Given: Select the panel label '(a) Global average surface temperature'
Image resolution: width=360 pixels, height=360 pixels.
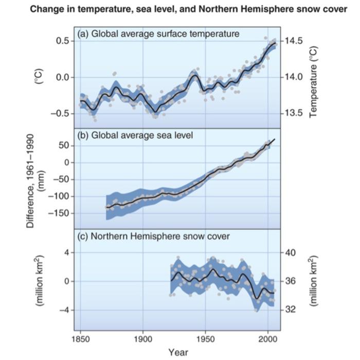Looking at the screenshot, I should click(x=158, y=34).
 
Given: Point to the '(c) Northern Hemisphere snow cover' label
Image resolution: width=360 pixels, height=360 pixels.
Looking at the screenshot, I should click(x=153, y=237).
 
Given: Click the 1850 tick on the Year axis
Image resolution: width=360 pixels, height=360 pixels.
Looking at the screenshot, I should click(x=80, y=340).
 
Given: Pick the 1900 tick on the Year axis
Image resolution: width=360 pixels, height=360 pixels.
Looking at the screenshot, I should click(x=143, y=340).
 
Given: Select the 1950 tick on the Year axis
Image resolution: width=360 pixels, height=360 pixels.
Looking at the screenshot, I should click(x=205, y=340).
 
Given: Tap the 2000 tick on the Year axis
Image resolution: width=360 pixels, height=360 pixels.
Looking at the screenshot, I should click(x=267, y=340).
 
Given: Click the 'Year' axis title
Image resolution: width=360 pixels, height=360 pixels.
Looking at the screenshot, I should click(x=179, y=352).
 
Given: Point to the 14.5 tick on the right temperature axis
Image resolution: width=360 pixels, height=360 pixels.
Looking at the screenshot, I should click(x=295, y=41).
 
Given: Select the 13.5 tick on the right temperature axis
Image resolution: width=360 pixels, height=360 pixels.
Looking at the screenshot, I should click(x=295, y=113).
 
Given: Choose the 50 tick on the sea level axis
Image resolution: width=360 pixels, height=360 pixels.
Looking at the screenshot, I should click(x=63, y=146).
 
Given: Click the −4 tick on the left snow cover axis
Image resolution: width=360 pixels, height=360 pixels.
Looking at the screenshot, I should click(x=64, y=310).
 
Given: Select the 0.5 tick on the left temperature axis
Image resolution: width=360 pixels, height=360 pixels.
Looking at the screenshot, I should click(x=62, y=41).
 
